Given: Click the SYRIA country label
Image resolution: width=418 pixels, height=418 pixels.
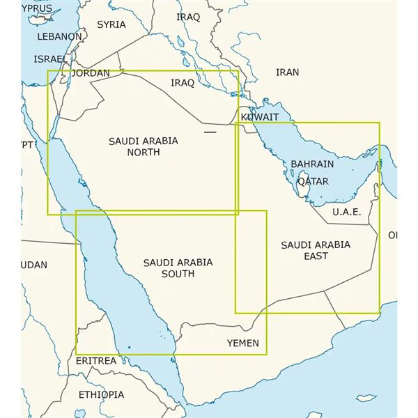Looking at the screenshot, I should tap(111, 24).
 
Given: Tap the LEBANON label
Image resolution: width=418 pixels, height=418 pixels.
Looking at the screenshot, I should tap(59, 36).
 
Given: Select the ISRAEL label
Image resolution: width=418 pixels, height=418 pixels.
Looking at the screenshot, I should tap(51, 59).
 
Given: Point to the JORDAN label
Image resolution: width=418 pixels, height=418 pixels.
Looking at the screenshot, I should tap(91, 73).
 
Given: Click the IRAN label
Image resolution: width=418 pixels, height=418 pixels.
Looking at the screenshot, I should tap(287, 72).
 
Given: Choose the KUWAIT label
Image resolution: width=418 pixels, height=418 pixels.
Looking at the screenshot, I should tap(260, 117).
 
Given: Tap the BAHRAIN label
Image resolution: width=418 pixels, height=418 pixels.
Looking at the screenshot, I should tap(312, 164).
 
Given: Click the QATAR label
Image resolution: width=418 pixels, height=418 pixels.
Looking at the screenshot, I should tap(313, 181).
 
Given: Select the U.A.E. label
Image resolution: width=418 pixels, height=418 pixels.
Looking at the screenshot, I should tap(346, 212).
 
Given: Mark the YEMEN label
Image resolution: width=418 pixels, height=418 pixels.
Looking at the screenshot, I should tap(243, 343).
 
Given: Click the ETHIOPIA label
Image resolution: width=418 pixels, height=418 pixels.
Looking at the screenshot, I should tap(100, 394).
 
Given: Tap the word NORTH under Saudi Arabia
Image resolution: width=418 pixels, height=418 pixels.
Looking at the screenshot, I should tap(144, 152).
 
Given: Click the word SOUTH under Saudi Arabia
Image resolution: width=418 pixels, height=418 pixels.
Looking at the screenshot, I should tap(178, 274).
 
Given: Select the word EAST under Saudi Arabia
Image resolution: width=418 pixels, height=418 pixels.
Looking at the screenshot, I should tap(316, 256).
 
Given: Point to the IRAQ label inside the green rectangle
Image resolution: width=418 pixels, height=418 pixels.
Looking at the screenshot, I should tap(183, 83).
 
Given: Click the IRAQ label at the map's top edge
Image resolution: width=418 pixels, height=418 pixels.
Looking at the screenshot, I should tap(188, 17).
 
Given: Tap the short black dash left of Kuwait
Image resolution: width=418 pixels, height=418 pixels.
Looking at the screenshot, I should tap(210, 130).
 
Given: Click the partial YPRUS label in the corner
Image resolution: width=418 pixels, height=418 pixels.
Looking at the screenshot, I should tap(36, 8).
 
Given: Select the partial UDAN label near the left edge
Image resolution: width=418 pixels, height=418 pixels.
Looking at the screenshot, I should tap(34, 265).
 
